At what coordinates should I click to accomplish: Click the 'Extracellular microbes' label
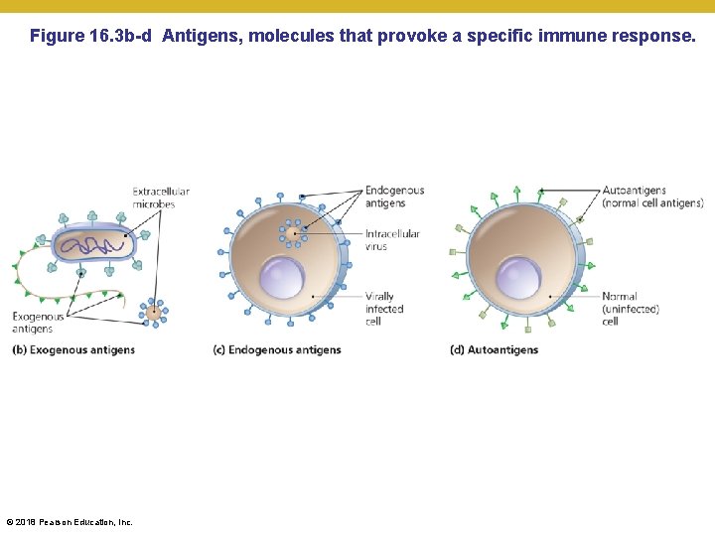[x=161, y=198]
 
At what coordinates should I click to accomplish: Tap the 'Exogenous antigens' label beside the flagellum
[x=39, y=323]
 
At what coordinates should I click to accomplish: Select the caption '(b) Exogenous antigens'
[x=73, y=349]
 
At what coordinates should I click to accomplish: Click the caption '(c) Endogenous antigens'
[x=277, y=349]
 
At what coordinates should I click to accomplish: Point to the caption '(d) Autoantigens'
[x=494, y=349]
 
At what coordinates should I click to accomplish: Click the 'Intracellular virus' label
[x=392, y=240]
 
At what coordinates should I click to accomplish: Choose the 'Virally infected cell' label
[x=384, y=309]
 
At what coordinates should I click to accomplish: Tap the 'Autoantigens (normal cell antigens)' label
[x=652, y=197]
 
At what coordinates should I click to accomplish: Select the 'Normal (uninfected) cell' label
[x=631, y=309]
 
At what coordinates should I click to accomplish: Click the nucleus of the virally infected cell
[x=281, y=276]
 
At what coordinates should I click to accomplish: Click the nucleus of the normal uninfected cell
[x=518, y=277]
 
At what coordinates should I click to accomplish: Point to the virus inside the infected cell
[x=293, y=234]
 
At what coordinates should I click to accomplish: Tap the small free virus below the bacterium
[x=154, y=313]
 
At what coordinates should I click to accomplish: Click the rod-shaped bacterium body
[x=91, y=244]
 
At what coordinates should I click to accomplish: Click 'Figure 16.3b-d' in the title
[x=90, y=37]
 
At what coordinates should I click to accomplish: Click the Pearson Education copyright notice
[x=70, y=522]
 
